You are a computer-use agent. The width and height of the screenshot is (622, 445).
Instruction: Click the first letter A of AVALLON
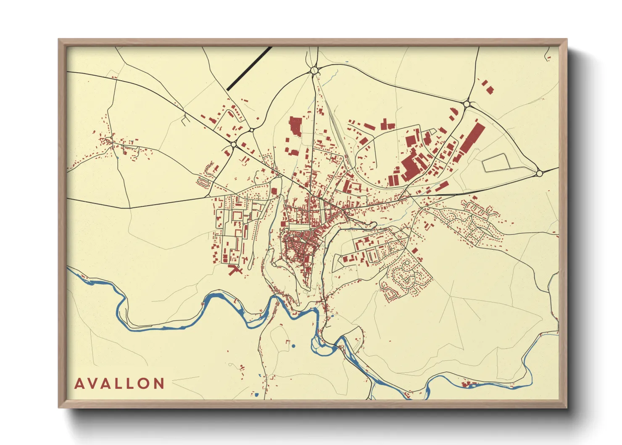(x=79, y=384)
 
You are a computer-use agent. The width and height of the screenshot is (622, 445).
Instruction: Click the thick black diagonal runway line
(x=249, y=68)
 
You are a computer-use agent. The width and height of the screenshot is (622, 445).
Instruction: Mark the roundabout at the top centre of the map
(x=314, y=70)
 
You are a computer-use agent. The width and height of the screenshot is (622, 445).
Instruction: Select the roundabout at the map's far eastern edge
(x=539, y=173)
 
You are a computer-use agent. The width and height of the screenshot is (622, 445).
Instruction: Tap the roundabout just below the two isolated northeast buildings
(x=466, y=103)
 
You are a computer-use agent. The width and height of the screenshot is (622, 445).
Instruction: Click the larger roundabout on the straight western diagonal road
(x=233, y=145)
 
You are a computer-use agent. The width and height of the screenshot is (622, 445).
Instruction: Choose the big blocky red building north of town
(x=295, y=126)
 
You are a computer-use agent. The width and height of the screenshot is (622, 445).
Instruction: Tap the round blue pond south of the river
(x=293, y=346)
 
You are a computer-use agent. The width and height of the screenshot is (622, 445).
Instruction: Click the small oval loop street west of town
(x=203, y=182)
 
